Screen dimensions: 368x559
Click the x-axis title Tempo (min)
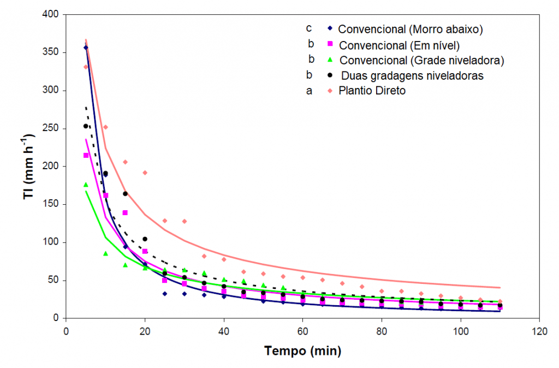coord(302,351)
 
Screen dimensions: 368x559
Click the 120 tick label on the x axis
coord(540,331)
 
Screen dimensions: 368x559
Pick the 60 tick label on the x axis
coord(302,331)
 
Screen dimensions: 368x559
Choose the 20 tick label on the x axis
coord(145,331)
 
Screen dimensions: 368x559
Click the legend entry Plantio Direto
coord(372,91)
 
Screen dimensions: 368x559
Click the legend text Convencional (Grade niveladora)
coord(421,60)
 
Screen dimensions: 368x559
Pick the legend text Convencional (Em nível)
coord(399,44)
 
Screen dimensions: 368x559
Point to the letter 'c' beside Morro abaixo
coord(309,28)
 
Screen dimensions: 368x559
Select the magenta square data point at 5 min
coord(86,156)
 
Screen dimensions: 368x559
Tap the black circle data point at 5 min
coord(86,126)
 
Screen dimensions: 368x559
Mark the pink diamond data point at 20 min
coord(145,173)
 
